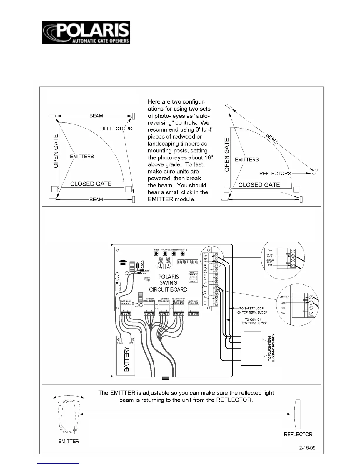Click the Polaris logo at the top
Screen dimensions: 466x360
click(86, 32)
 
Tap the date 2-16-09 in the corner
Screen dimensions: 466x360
click(307, 448)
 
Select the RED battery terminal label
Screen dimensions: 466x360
click(131, 343)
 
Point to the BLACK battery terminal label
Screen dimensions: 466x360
click(120, 343)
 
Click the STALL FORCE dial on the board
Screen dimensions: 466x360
click(161, 265)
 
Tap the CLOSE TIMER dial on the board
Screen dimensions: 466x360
click(168, 265)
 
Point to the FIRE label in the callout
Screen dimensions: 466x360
click(283, 308)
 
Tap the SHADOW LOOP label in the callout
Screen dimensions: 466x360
click(270, 261)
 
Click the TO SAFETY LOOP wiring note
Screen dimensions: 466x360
click(252, 310)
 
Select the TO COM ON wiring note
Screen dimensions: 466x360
click(254, 321)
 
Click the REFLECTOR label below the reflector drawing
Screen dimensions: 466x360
click(298, 434)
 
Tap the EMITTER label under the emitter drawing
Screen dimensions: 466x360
click(69, 441)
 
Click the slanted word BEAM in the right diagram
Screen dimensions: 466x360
click(272, 138)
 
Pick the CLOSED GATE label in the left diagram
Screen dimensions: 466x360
click(91, 184)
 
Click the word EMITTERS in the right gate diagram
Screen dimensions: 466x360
click(247, 159)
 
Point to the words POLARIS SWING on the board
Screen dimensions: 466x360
click(168, 279)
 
